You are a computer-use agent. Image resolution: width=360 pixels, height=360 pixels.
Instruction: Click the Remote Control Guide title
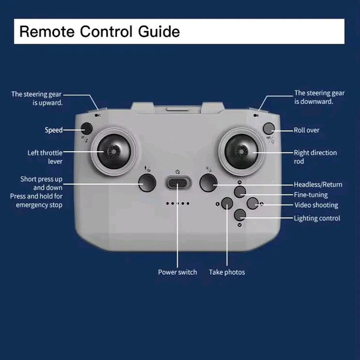tap(100, 31)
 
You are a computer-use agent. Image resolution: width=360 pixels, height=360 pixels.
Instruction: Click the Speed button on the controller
tap(87, 128)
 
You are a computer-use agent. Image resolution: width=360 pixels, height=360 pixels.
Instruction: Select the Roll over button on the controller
tap(269, 128)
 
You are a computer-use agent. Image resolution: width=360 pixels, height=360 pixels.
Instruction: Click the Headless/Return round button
tap(208, 182)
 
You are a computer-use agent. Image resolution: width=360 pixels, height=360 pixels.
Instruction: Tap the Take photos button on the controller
tap(227, 203)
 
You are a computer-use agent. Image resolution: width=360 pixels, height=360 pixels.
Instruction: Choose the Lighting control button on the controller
tap(240, 215)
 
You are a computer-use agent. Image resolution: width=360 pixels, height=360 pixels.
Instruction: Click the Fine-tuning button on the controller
tap(240, 192)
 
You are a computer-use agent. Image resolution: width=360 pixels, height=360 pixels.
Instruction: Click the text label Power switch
tap(178, 272)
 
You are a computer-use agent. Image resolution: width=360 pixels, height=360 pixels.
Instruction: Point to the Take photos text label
tap(227, 272)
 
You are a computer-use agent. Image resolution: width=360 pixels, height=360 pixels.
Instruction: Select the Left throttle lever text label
tap(45, 157)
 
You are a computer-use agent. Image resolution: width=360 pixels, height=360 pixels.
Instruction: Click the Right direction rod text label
tap(315, 157)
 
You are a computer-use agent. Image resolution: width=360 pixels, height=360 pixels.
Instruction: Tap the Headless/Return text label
tap(318, 184)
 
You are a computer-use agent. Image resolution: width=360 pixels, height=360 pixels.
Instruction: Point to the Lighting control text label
tap(317, 218)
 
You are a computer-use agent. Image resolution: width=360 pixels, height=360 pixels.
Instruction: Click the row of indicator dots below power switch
tap(178, 204)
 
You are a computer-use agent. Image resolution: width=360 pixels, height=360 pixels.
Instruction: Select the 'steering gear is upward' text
tap(37, 98)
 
